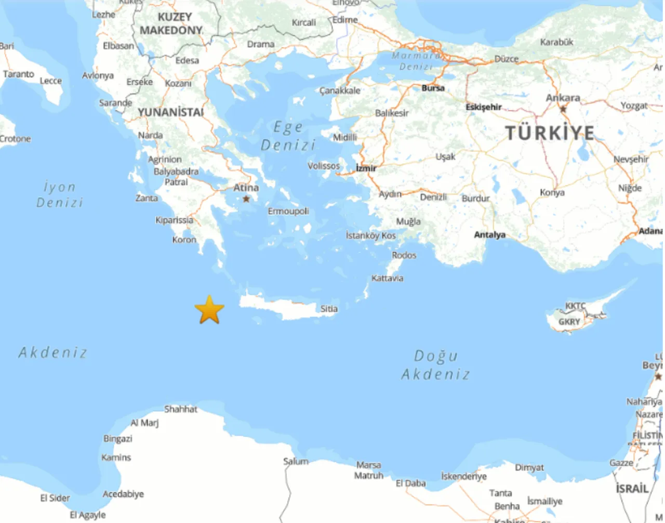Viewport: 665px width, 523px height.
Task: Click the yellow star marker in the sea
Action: click(x=209, y=310)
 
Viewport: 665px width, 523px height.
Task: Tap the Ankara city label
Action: click(x=563, y=98)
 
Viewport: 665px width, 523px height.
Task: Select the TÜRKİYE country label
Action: click(x=550, y=133)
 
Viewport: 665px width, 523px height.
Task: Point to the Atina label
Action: click(x=246, y=188)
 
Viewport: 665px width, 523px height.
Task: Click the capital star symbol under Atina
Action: click(x=246, y=199)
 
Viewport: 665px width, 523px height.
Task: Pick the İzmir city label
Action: click(x=366, y=168)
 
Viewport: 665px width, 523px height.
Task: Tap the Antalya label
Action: click(x=489, y=235)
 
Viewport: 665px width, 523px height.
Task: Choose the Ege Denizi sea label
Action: click(x=288, y=136)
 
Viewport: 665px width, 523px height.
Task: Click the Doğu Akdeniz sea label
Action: click(x=435, y=365)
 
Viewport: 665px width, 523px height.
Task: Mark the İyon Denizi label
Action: click(x=59, y=194)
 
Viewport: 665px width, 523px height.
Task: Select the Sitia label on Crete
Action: click(x=329, y=309)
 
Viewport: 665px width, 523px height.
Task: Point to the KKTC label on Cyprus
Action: click(x=575, y=306)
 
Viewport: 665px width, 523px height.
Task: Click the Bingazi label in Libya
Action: click(x=118, y=439)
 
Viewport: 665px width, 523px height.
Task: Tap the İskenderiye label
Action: click(x=464, y=476)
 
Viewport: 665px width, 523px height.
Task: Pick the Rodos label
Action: click(x=404, y=255)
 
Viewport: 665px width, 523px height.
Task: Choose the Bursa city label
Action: click(x=433, y=88)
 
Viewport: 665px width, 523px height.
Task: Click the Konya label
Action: click(x=552, y=193)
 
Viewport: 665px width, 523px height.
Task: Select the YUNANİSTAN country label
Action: click(x=170, y=112)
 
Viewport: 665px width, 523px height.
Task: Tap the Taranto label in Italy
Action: click(x=19, y=74)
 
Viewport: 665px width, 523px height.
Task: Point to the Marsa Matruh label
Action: click(x=369, y=470)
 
